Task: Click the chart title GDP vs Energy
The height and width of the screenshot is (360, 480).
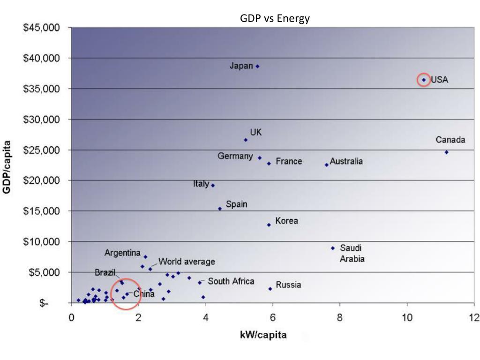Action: pyautogui.click(x=275, y=19)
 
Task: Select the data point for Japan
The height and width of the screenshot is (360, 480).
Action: pyautogui.click(x=257, y=67)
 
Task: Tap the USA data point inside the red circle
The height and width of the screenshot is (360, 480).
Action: pyautogui.click(x=424, y=80)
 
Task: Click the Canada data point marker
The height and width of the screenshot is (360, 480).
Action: pyautogui.click(x=446, y=152)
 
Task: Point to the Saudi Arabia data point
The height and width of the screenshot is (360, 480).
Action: pyautogui.click(x=333, y=248)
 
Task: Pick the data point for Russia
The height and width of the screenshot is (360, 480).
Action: pyautogui.click(x=270, y=289)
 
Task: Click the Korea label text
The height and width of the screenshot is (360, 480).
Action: pyautogui.click(x=286, y=221)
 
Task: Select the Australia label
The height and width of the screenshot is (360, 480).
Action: pyautogui.click(x=346, y=161)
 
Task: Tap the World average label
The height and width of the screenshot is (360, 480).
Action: pyautogui.click(x=187, y=262)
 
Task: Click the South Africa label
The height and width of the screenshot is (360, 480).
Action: pyautogui.click(x=231, y=281)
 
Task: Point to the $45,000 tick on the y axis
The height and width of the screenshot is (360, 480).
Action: pyautogui.click(x=42, y=28)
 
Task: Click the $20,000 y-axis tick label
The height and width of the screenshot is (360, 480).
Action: pyautogui.click(x=42, y=180)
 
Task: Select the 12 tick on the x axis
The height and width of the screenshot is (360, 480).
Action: pyautogui.click(x=474, y=318)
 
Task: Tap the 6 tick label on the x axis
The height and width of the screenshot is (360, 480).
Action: pyautogui.click(x=273, y=318)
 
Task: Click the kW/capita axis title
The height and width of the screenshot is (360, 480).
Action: pyautogui.click(x=263, y=335)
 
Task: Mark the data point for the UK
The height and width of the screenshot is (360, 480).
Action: pyautogui.click(x=246, y=140)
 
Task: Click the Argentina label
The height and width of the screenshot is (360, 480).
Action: pyautogui.click(x=122, y=253)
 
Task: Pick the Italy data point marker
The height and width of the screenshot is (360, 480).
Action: pyautogui.click(x=213, y=185)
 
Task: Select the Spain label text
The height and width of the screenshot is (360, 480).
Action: pyautogui.click(x=236, y=204)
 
